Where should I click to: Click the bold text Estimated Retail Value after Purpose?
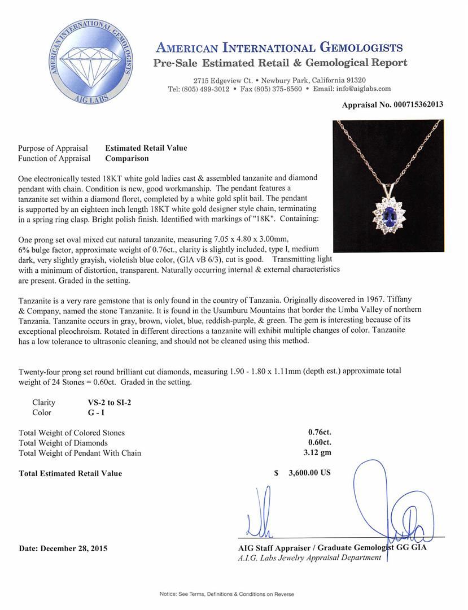[146, 148]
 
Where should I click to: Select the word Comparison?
[127, 159]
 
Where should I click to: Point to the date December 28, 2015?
[63, 548]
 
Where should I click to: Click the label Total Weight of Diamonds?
[63, 443]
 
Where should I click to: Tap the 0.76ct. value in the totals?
[320, 433]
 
